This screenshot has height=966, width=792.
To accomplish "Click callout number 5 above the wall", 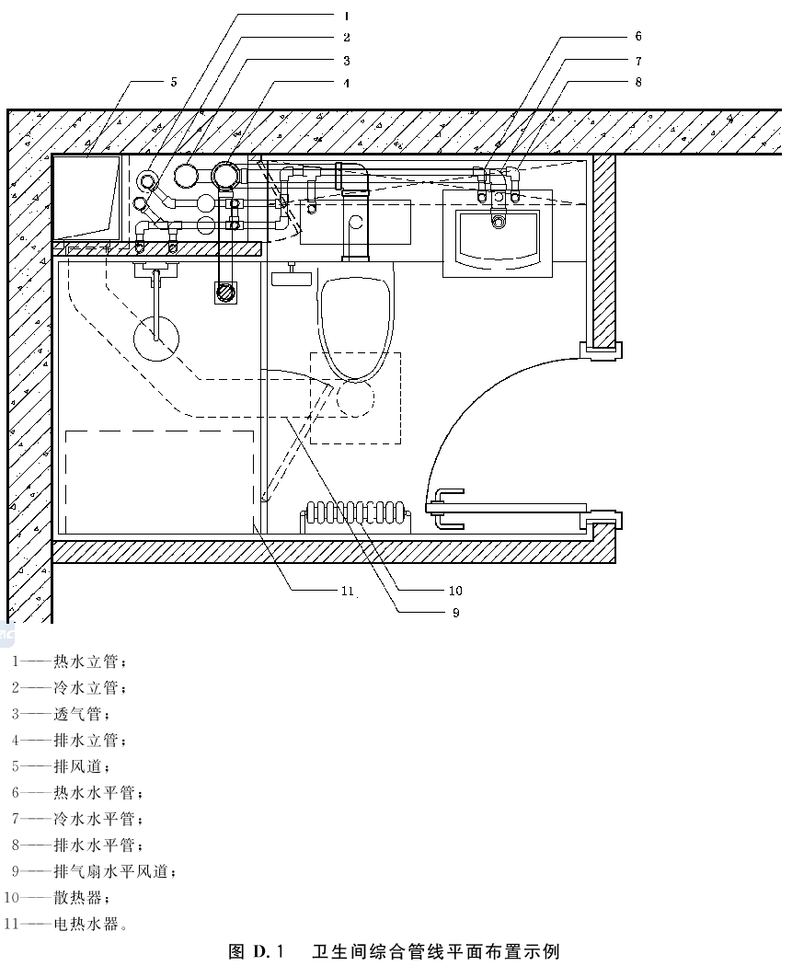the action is coord(174,82).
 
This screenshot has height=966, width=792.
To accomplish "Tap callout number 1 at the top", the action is coord(347,16).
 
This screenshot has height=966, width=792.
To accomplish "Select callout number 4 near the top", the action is coord(347,83).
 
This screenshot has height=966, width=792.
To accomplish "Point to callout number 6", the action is coord(638,37).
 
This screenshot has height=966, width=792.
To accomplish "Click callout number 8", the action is coord(638,82).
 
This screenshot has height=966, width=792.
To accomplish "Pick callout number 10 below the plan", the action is coord(455,591).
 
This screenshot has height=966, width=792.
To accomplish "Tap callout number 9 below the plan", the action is coord(455,613).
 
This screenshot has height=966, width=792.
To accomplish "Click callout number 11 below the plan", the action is coord(348,591).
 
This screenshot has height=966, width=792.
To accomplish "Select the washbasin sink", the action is coord(498,234).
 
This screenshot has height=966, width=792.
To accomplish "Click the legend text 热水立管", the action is coord(86,661).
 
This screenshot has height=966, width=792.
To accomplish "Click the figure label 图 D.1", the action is coord(258,951).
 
